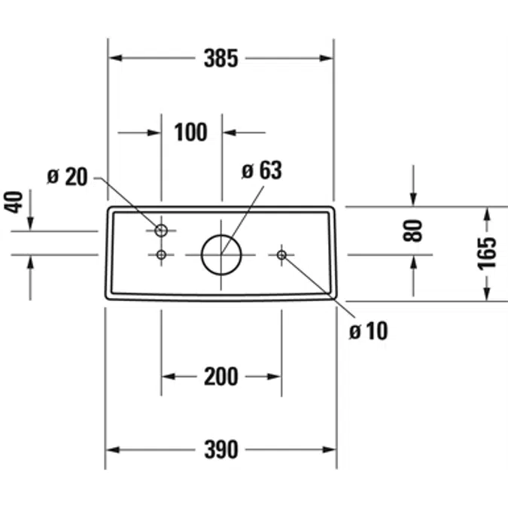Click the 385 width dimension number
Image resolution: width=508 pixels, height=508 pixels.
[221, 58]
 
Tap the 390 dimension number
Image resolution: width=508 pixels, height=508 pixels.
[221, 450]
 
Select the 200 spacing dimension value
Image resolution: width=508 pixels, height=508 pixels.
[221, 376]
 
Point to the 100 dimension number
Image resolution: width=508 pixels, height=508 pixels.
[190, 132]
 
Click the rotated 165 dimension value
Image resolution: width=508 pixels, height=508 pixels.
[487, 254]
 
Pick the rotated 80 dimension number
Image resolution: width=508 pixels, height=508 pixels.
[413, 231]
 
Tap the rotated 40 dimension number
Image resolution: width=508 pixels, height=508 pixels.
[14, 202]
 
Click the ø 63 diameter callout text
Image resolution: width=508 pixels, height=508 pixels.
[262, 170]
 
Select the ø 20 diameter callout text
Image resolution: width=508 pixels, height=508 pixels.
[68, 177]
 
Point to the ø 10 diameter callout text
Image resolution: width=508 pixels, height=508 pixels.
[368, 331]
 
